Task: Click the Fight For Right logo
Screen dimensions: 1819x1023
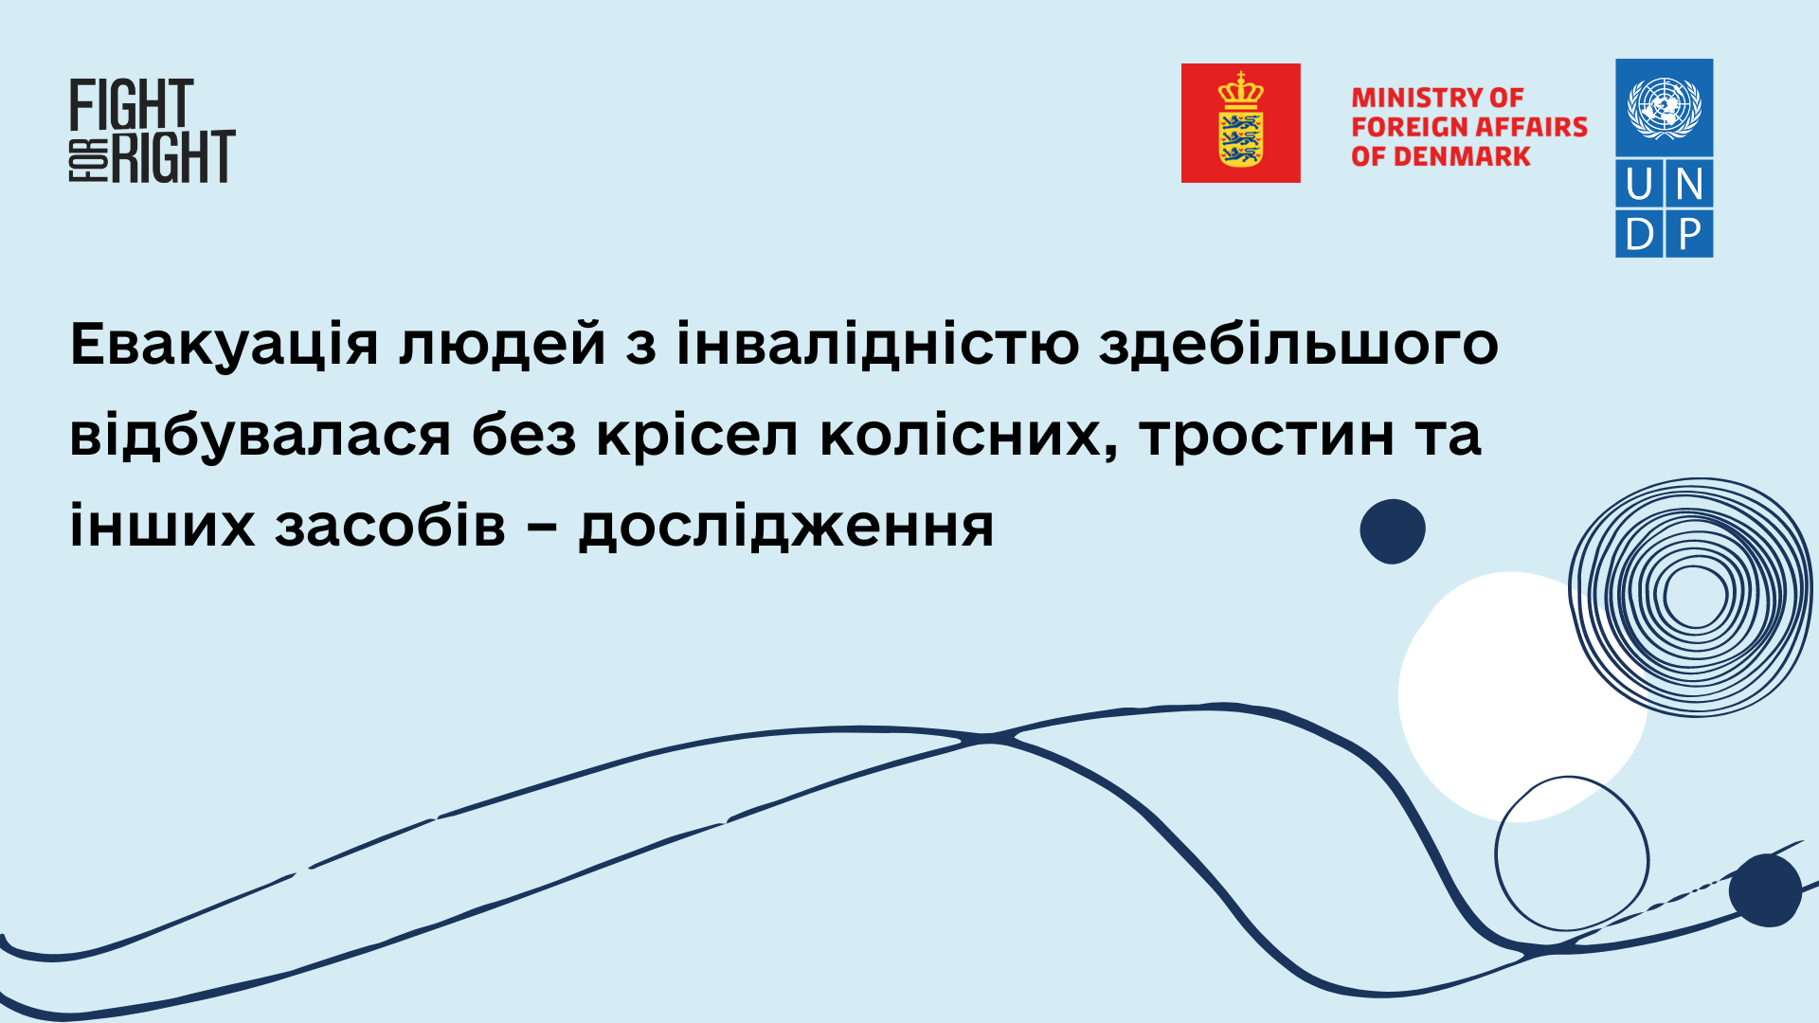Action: pyautogui.click(x=152, y=131)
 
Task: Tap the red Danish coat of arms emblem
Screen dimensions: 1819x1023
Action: pyautogui.click(x=1240, y=123)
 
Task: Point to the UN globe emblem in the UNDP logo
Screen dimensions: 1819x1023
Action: pyautogui.click(x=1665, y=107)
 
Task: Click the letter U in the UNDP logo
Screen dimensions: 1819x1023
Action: pyautogui.click(x=1639, y=184)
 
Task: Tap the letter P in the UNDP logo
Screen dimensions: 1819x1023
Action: pyautogui.click(x=1689, y=233)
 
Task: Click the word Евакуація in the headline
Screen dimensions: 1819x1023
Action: pyautogui.click(x=225, y=345)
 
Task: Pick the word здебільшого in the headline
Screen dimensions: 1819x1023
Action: pyautogui.click(x=1299, y=345)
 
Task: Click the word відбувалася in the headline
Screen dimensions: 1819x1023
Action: pyautogui.click(x=261, y=435)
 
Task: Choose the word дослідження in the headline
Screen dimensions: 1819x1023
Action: pyautogui.click(x=786, y=527)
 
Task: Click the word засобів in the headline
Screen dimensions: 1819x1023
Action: pyautogui.click(x=390, y=525)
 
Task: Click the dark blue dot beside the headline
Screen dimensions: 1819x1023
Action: pyautogui.click(x=1393, y=531)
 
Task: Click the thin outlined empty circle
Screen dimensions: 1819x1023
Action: pyautogui.click(x=1497, y=852)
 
